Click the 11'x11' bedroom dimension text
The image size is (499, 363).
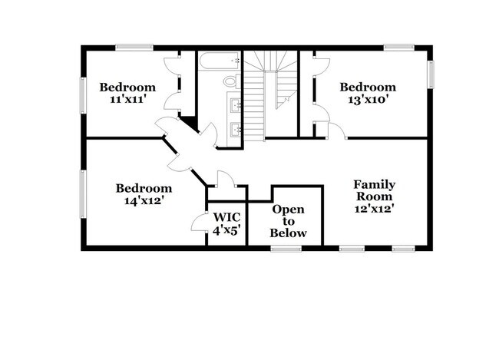coord(127,101)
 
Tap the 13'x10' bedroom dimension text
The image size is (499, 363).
coord(368,101)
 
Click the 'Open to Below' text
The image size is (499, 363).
coord(289,221)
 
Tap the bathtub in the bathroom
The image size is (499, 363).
coord(219,61)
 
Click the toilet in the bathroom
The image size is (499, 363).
coord(230,81)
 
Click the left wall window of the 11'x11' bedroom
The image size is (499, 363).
coord(83,95)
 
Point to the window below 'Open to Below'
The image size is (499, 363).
coord(286,248)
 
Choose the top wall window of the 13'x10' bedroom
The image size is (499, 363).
coord(399,48)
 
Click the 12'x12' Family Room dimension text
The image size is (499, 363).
coord(374,208)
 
